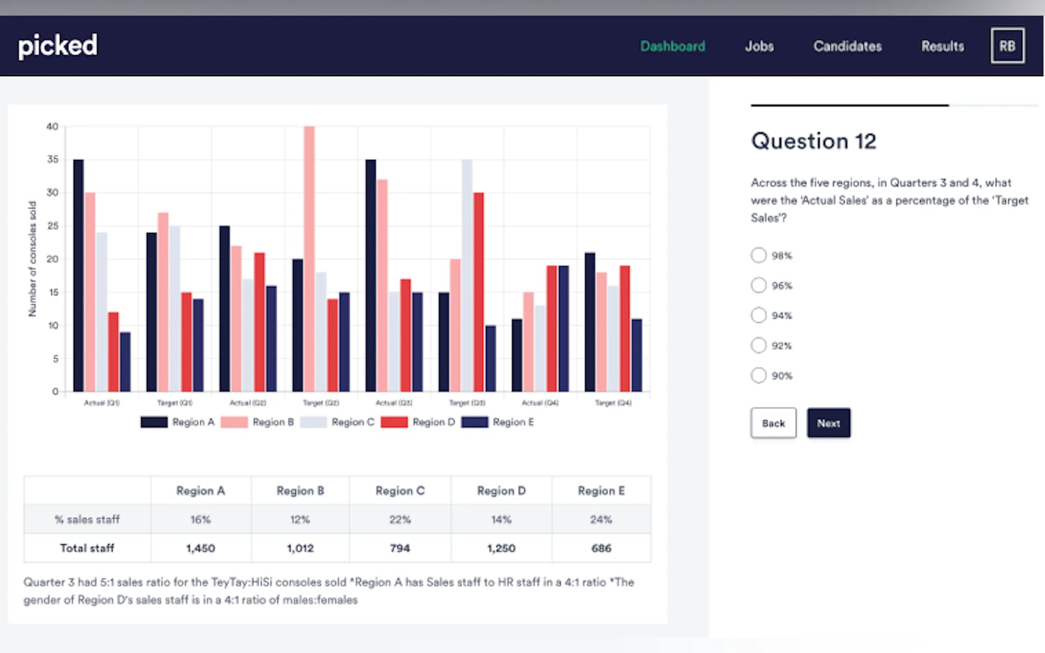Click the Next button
pos(828,423)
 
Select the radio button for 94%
pos(758,315)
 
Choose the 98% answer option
pos(758,255)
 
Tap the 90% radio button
pos(758,375)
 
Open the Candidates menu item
pos(847,46)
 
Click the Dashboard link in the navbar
pos(672,46)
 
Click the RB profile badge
pos(1007,46)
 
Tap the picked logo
pos(58,46)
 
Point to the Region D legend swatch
pos(394,422)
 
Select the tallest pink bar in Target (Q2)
pos(309,259)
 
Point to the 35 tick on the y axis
pos(53,160)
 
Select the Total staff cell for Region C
pos(399,548)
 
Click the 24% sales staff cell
pos(601,519)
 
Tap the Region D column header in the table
pos(501,491)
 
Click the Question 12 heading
pos(813,141)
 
